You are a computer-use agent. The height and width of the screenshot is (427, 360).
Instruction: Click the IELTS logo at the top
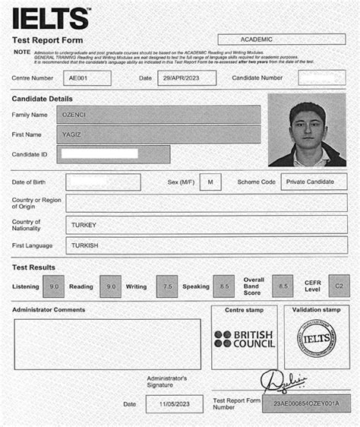tap(51, 17)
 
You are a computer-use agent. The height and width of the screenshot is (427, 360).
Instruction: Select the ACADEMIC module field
tap(282, 39)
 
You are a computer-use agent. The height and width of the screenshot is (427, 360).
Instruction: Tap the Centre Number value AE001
tap(87, 77)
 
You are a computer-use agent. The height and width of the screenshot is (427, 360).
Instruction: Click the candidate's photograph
tap(307, 129)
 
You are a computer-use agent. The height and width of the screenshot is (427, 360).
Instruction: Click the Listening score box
tap(54, 286)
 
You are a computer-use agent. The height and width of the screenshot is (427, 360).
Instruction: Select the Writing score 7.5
tap(166, 286)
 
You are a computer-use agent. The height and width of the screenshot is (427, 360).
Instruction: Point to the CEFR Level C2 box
tap(339, 286)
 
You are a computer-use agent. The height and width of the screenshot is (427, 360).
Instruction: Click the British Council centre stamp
tap(244, 339)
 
